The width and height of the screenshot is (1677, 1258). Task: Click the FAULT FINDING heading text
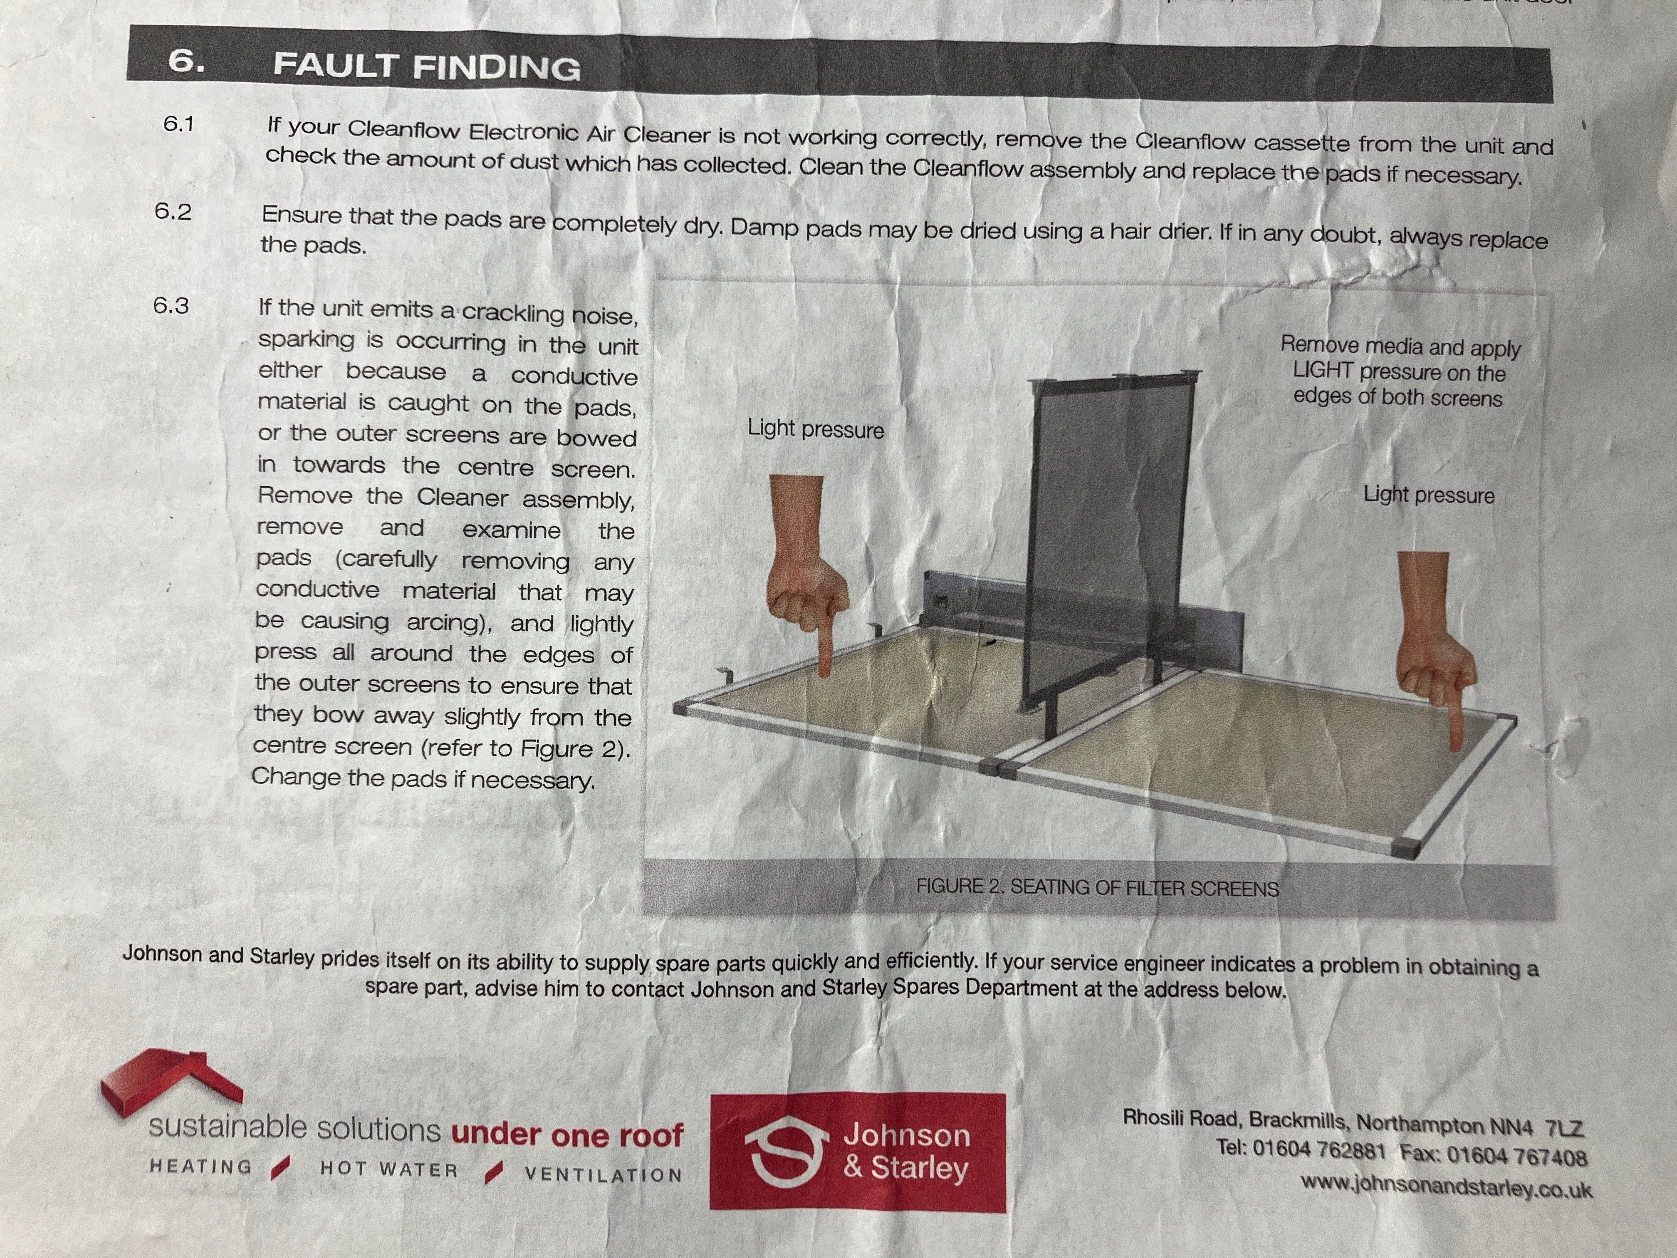tap(427, 66)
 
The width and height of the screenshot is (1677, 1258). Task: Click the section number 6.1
tap(179, 124)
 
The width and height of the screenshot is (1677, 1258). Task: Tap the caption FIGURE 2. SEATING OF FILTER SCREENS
tap(1097, 887)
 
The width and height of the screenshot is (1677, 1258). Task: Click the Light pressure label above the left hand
tap(816, 429)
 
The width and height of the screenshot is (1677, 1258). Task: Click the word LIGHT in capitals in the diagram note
tap(1323, 370)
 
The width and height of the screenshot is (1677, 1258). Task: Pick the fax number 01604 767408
tap(1517, 1156)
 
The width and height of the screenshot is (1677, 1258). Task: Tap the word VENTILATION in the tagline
tap(604, 1174)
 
